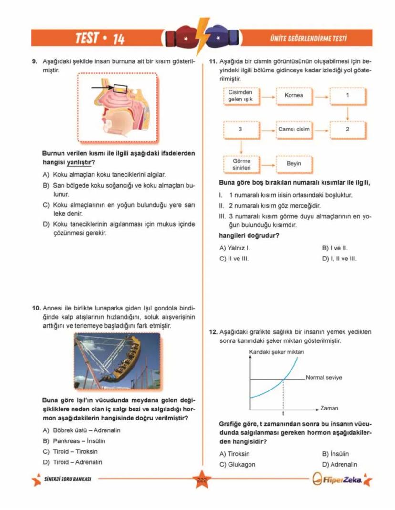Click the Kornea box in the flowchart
(x=293, y=95)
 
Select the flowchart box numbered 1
(x=347, y=95)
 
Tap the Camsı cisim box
(x=293, y=129)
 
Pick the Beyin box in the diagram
(x=293, y=163)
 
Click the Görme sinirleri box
(x=241, y=164)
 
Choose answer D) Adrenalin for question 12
(x=340, y=464)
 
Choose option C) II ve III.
(x=234, y=259)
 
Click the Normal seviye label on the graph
(x=323, y=378)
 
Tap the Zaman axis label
(x=329, y=408)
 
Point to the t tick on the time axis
(x=283, y=413)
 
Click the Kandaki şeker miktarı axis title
(x=277, y=352)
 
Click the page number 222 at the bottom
(x=201, y=480)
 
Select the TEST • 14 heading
(x=100, y=39)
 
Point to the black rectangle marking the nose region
(x=120, y=88)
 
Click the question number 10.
(x=36, y=308)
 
